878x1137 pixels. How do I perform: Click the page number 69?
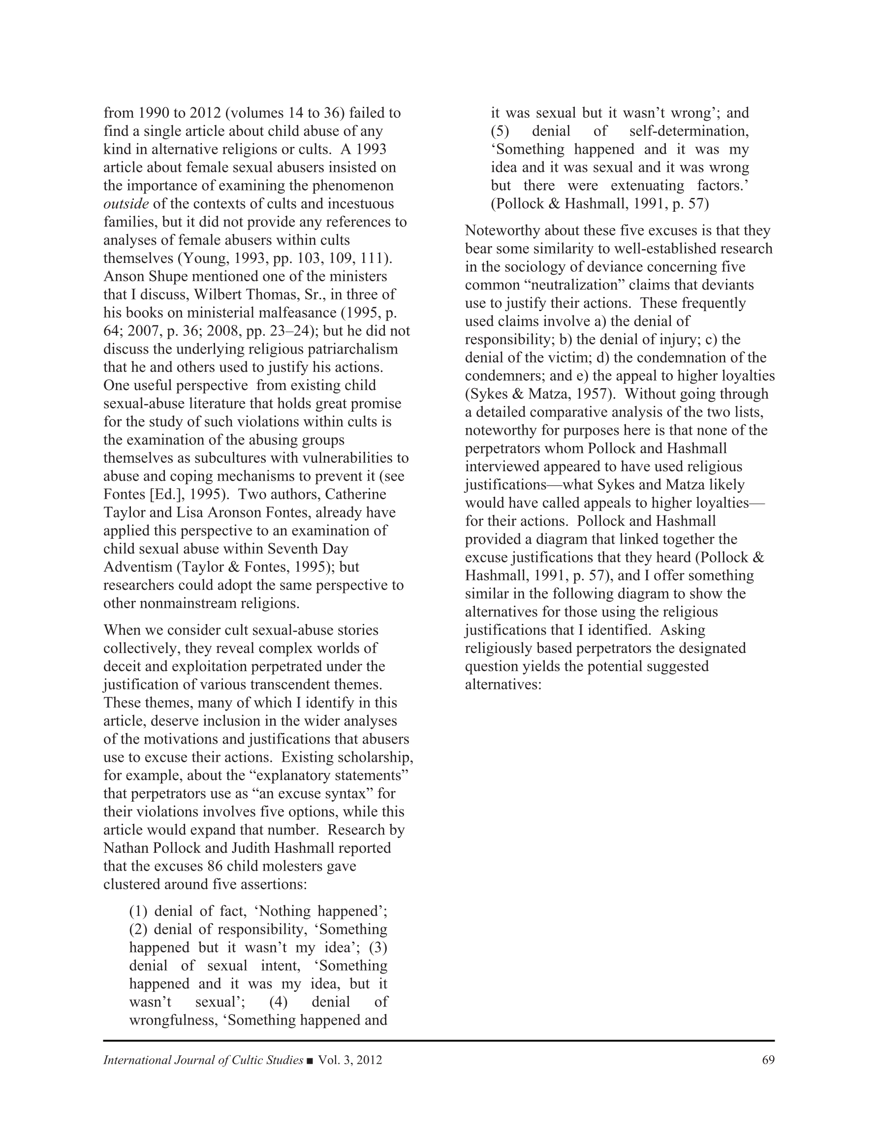768,1060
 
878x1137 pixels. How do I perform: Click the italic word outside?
126,203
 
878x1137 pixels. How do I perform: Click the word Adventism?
137,566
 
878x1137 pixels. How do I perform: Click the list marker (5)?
500,131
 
